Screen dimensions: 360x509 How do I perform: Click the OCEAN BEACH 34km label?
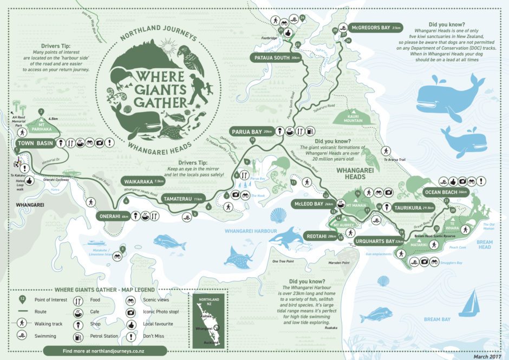click(x=446, y=192)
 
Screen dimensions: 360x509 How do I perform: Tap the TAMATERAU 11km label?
click(x=182, y=199)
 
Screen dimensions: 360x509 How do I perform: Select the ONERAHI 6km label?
click(x=116, y=216)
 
